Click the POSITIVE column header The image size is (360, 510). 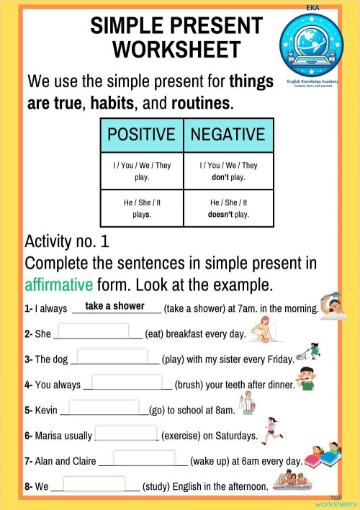[x=141, y=134]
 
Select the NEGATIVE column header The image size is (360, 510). [x=228, y=134]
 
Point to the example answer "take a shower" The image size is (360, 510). [x=114, y=306]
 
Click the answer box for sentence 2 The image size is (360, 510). [x=98, y=332]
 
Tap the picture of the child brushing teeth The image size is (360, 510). [x=307, y=378]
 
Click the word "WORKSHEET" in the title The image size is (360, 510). [x=176, y=49]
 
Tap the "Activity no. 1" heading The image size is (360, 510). [x=66, y=241]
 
